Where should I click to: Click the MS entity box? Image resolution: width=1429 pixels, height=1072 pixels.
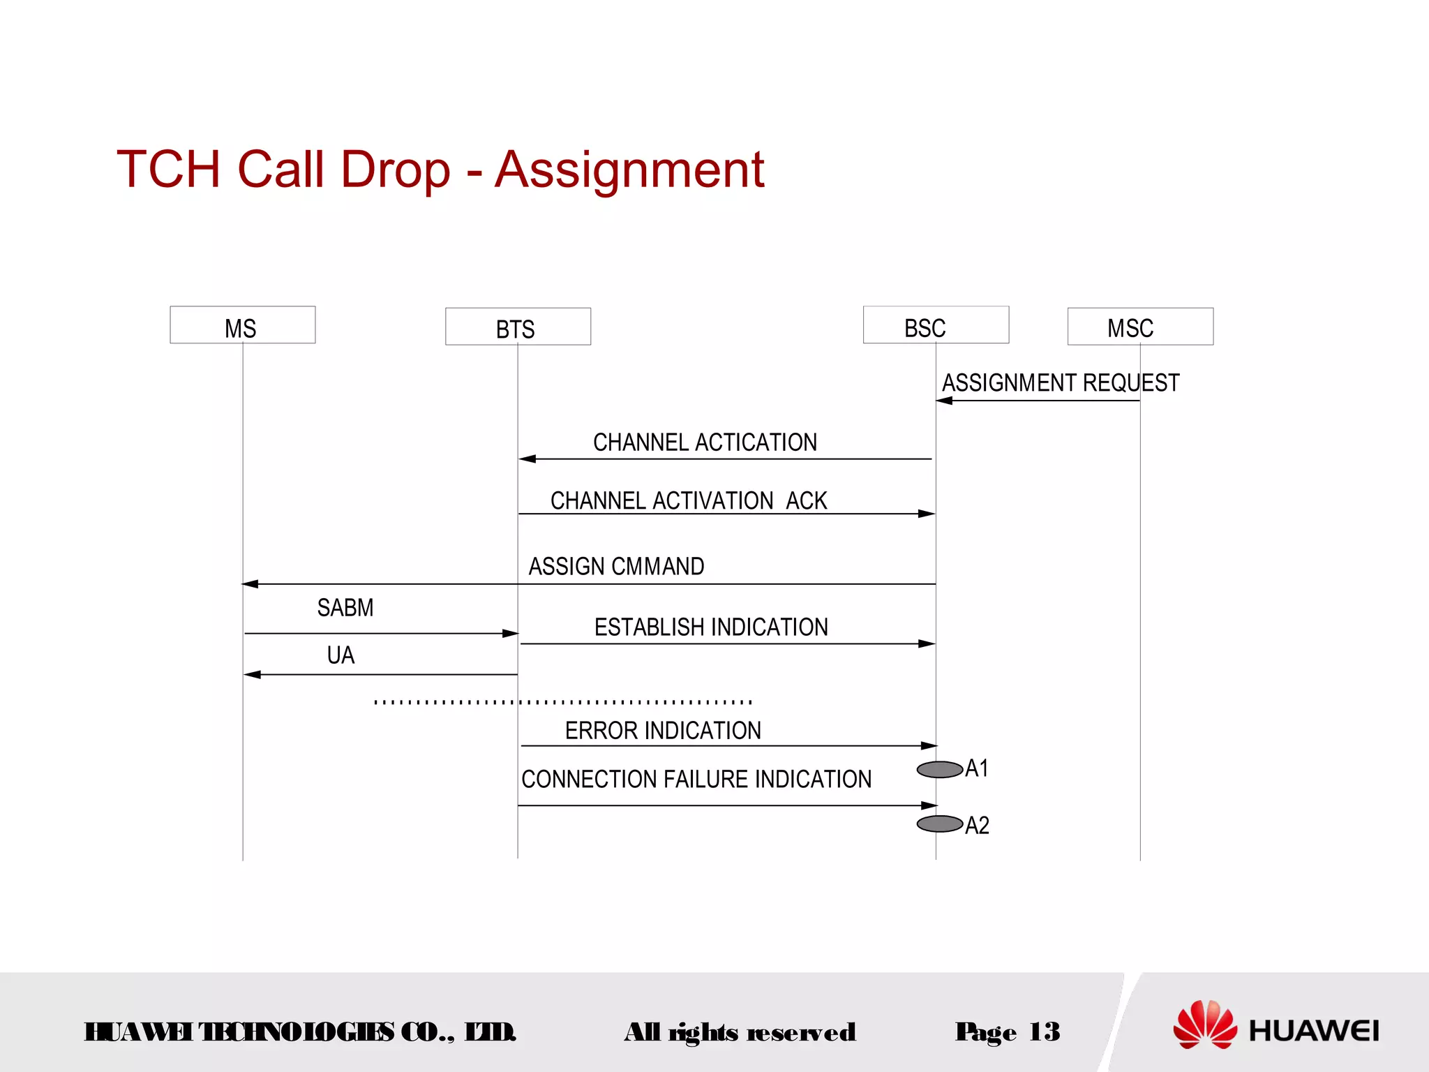(242, 325)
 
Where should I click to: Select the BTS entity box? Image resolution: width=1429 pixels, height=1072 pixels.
(518, 327)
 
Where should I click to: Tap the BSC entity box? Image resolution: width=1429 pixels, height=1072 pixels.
(936, 325)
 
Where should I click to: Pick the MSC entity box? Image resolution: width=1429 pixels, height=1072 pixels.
(1140, 327)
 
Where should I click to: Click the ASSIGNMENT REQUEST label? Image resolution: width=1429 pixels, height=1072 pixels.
(1060, 383)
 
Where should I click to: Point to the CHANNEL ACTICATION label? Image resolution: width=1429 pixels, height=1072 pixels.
(705, 442)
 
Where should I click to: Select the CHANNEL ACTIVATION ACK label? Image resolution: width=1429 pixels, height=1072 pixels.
(688, 500)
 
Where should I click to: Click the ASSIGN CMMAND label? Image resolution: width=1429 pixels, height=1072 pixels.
(616, 566)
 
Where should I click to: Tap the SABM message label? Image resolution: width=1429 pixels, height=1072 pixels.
(345, 608)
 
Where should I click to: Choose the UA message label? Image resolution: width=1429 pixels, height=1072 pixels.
(341, 655)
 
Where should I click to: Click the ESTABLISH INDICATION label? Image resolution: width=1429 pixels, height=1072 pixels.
(711, 627)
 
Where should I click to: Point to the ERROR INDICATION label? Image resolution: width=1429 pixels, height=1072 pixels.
(663, 731)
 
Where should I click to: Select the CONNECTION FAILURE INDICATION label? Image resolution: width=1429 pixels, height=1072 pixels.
(696, 779)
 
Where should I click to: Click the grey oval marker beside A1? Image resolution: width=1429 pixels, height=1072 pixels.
(939, 770)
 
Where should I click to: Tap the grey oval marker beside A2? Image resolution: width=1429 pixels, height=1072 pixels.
(939, 824)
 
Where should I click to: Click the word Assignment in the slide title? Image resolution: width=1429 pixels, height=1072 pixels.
(629, 170)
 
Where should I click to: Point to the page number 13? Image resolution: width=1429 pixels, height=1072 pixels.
(1044, 1032)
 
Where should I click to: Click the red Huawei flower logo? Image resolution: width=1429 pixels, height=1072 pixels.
(1204, 1025)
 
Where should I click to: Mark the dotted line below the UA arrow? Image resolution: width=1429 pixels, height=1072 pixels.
(562, 701)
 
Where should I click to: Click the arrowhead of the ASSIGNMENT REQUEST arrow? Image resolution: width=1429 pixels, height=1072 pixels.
(944, 401)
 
